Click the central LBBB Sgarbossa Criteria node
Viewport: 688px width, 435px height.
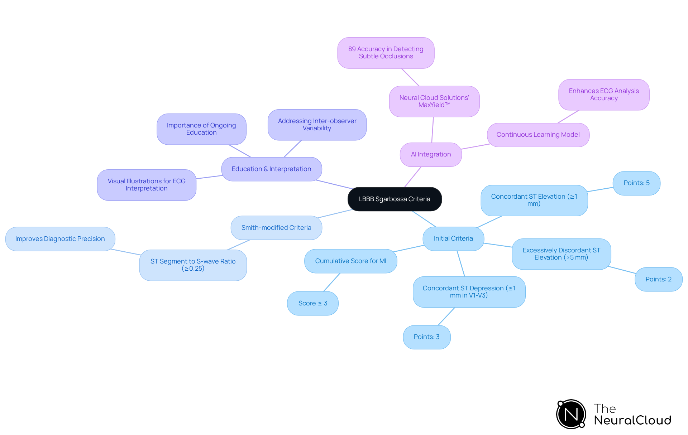pyautogui.click(x=395, y=199)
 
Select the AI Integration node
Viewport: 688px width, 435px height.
pyautogui.click(x=431, y=154)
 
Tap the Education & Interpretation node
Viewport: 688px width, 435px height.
pyautogui.click(x=271, y=169)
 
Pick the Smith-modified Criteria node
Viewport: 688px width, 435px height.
pyautogui.click(x=276, y=228)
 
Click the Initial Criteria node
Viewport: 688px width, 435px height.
pyautogui.click(x=453, y=238)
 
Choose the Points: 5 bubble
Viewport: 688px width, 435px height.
pyautogui.click(x=636, y=183)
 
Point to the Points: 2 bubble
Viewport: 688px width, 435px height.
pyautogui.click(x=658, y=279)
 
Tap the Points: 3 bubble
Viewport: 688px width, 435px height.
pyautogui.click(x=426, y=337)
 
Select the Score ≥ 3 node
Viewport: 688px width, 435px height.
pyautogui.click(x=313, y=303)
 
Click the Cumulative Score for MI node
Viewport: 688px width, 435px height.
pyautogui.click(x=350, y=261)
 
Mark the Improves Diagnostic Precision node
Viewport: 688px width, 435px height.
pyautogui.click(x=60, y=239)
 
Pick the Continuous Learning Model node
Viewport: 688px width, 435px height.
pyautogui.click(x=538, y=135)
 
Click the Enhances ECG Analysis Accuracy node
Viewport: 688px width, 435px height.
pyautogui.click(x=604, y=95)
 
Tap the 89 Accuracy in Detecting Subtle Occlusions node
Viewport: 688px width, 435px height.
pyautogui.click(x=386, y=53)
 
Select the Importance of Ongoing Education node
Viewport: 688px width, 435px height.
pyautogui.click(x=201, y=129)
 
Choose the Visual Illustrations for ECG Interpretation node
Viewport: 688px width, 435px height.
pyautogui.click(x=147, y=185)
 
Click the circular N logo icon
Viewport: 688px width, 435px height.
pyautogui.click(x=571, y=414)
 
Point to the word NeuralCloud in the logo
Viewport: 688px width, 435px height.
pyautogui.click(x=632, y=420)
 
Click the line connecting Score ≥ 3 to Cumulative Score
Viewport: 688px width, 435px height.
pyautogui.click(x=332, y=282)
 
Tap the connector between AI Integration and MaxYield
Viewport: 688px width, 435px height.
pyautogui.click(x=433, y=130)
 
